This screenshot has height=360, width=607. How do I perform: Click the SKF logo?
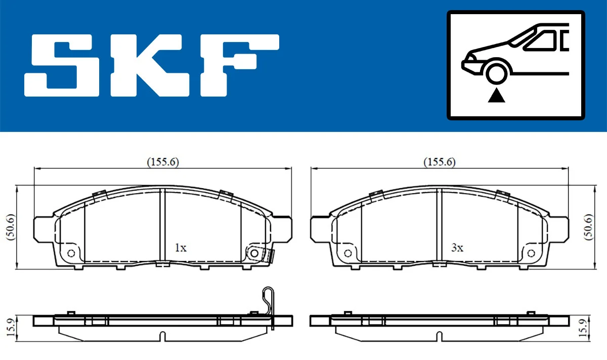[152, 65]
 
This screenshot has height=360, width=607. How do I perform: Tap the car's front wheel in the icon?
[497, 72]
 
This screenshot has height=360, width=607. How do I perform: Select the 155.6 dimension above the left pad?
[163, 162]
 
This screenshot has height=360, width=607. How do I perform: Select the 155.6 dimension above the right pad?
[440, 162]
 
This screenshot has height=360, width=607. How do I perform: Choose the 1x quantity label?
[181, 248]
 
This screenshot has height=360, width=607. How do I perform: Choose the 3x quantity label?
[457, 248]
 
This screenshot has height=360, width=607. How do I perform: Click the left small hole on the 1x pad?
[71, 253]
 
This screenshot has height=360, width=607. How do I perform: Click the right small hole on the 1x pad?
[254, 252]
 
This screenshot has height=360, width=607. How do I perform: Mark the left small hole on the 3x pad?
[348, 253]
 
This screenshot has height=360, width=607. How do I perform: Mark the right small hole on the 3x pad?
[531, 253]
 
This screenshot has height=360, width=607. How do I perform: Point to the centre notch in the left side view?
[162, 335]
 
